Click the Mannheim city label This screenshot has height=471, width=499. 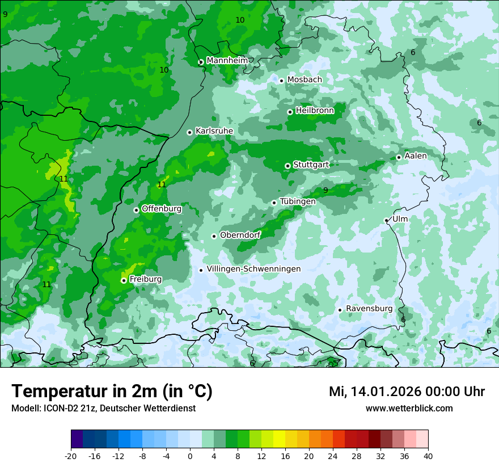point(227,61)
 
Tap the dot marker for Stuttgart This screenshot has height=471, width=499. point(287,166)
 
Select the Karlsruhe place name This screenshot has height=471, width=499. point(214,131)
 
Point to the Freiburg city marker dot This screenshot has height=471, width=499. point(124,280)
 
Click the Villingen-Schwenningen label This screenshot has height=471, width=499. point(253,269)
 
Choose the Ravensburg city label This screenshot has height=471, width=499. point(369,309)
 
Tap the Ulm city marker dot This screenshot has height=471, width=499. point(386,220)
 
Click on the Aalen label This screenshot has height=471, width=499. point(415,156)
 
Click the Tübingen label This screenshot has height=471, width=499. point(297,201)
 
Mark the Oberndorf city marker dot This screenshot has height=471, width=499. point(214,236)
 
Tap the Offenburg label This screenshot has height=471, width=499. point(161,209)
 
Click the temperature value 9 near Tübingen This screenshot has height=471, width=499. point(325,190)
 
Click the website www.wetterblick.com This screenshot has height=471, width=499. point(409,408)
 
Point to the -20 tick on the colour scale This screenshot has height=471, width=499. point(71,456)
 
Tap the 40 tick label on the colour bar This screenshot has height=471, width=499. point(428,456)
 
